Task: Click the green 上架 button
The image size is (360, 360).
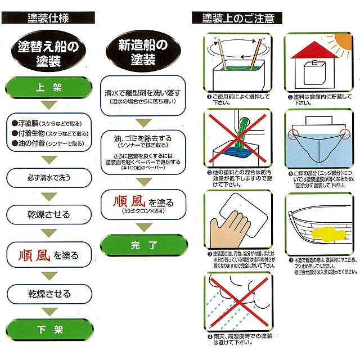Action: point(49,88)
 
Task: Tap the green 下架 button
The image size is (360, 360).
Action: point(49,328)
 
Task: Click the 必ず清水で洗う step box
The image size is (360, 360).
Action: point(49,178)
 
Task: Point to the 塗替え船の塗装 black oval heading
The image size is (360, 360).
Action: point(50,52)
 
